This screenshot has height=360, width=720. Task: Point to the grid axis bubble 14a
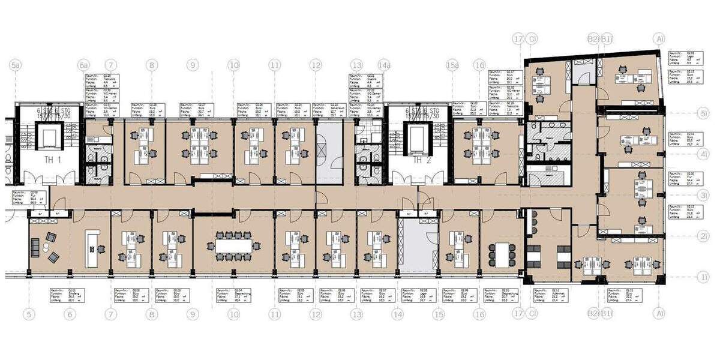pyautogui.click(x=384, y=65)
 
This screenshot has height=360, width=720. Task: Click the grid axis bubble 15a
pyautogui.click(x=452, y=65)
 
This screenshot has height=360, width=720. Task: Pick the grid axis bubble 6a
pyautogui.click(x=84, y=65)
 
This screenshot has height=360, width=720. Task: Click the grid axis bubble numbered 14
pyautogui.click(x=398, y=313)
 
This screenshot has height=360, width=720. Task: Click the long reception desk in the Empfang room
pyautogui.click(x=92, y=248)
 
